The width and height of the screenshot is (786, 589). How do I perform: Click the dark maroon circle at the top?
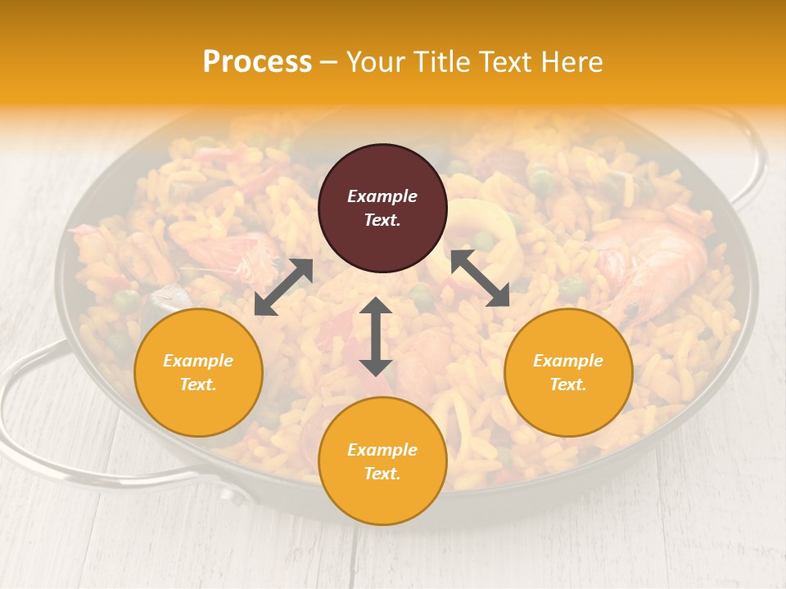(382, 208)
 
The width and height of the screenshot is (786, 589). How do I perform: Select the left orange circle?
(198, 372)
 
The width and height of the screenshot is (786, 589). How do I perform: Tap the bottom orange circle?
(382, 461)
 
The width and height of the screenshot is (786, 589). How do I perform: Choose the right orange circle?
(568, 372)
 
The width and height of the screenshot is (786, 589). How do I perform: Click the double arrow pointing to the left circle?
(283, 286)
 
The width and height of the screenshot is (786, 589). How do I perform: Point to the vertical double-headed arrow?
(376, 336)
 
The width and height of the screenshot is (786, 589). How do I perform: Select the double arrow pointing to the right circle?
(479, 278)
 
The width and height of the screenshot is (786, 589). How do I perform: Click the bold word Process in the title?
(257, 61)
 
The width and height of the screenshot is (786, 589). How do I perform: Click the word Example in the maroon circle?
(382, 196)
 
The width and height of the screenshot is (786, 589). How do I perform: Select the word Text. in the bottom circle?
(382, 474)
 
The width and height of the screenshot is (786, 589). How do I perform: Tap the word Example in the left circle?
(198, 361)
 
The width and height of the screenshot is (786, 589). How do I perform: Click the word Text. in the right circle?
(568, 384)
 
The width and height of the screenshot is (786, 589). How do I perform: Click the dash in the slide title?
(329, 62)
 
